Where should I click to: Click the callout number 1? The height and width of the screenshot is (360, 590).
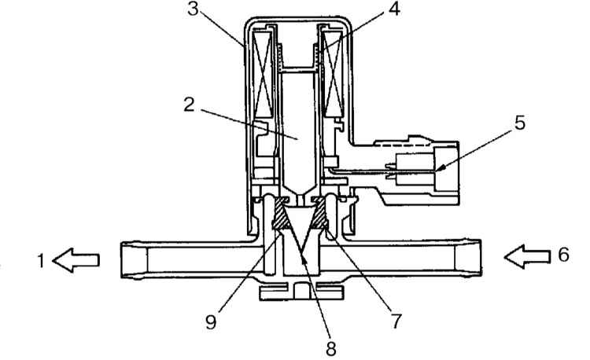pos(42,261)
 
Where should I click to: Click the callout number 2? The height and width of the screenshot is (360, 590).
pos(190,105)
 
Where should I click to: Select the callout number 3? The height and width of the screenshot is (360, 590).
pos(193,9)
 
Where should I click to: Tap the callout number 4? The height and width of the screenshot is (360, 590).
pos(394,9)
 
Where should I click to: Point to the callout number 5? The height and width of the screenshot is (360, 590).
pos(520,123)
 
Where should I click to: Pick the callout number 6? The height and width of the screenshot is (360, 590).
pos(563,255)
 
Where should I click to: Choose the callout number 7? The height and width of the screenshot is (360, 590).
pos(396,321)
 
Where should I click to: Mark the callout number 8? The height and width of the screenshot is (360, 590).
pos(330,349)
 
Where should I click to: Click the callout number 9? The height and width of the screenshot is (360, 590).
pos(211,322)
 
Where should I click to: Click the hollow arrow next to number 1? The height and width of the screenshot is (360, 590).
pos(76,260)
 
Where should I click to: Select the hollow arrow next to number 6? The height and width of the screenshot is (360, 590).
pos(527,257)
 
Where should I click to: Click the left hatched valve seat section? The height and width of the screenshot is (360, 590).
pos(281,215)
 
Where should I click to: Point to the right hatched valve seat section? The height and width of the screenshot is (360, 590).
pos(320,214)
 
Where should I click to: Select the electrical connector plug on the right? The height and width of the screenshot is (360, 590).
pos(422,168)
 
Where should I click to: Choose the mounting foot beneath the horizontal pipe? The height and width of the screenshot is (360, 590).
pos(301,291)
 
